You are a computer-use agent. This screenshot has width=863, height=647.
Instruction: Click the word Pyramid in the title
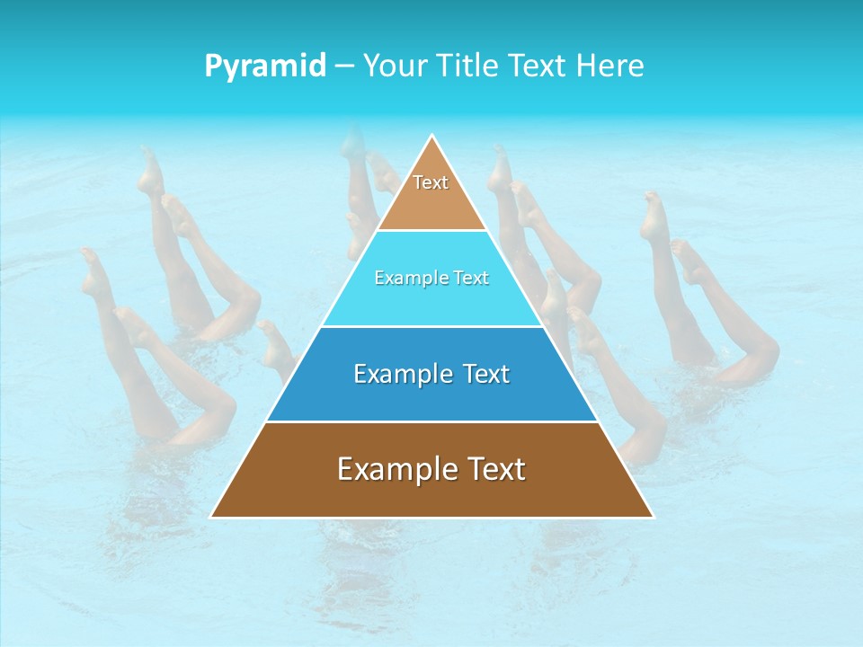coord(265,66)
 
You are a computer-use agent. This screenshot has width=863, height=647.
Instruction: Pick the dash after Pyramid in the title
coord(343,66)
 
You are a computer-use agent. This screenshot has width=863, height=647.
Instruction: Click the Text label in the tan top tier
coord(431,182)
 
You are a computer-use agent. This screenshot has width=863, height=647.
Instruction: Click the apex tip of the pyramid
coord(432,137)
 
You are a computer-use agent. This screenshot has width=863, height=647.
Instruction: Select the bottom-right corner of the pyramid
coord(653,517)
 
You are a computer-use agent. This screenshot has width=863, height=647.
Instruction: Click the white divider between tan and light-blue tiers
coord(432,231)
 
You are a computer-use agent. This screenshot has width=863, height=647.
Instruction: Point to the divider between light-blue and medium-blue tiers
coord(432,326)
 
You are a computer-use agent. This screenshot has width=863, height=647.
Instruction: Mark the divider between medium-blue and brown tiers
coord(432,421)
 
